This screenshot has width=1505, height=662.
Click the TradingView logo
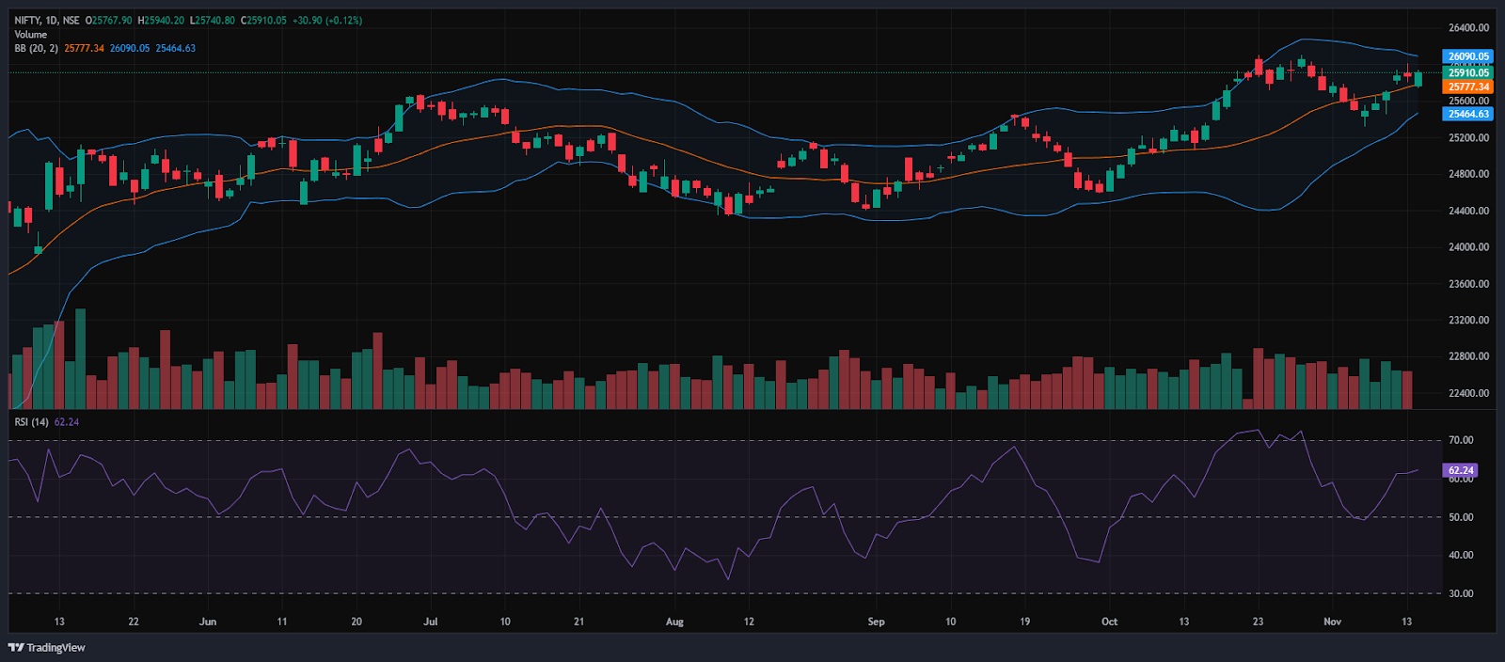point(46,647)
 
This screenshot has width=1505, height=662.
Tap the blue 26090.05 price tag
point(1467,56)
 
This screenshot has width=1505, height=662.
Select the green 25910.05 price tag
point(1467,72)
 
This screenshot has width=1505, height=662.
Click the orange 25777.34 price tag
point(1467,87)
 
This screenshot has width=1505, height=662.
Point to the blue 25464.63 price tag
point(1467,114)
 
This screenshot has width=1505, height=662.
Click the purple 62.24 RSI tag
point(1460,470)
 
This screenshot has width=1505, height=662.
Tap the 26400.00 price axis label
point(1468,28)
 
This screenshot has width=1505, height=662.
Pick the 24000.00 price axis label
point(1468,247)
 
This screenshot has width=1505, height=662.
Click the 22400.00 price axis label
point(1468,393)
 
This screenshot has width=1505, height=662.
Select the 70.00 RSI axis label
point(1461,440)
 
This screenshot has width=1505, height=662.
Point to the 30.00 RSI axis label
point(1461,593)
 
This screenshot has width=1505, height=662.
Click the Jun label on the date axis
point(208,622)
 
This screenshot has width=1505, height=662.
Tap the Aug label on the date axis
point(674,622)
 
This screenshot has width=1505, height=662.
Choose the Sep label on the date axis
point(876,622)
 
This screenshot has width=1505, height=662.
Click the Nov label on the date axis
point(1332,622)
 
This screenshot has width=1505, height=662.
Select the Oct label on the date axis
point(1109,622)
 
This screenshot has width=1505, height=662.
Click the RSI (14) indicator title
point(31,422)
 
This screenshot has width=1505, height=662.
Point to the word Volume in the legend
point(30,34)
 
